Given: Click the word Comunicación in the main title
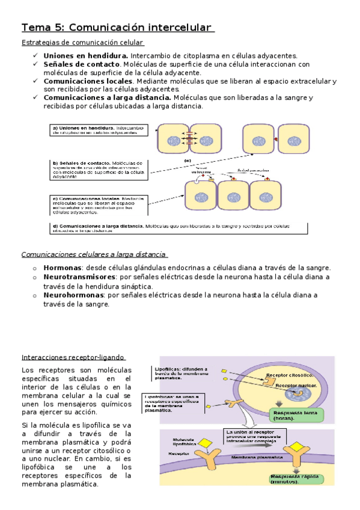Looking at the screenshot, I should click(x=107, y=28).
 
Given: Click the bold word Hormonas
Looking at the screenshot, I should click(x=62, y=268).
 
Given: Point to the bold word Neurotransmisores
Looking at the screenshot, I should click(x=81, y=277).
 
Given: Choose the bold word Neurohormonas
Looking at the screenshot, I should click(x=73, y=295).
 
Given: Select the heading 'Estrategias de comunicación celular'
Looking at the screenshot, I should click(x=82, y=43).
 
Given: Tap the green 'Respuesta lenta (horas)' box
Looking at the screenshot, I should click(x=297, y=415).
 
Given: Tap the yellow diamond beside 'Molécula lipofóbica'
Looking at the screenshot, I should click(x=205, y=445).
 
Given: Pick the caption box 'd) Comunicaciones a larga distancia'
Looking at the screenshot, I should click(x=178, y=229).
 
